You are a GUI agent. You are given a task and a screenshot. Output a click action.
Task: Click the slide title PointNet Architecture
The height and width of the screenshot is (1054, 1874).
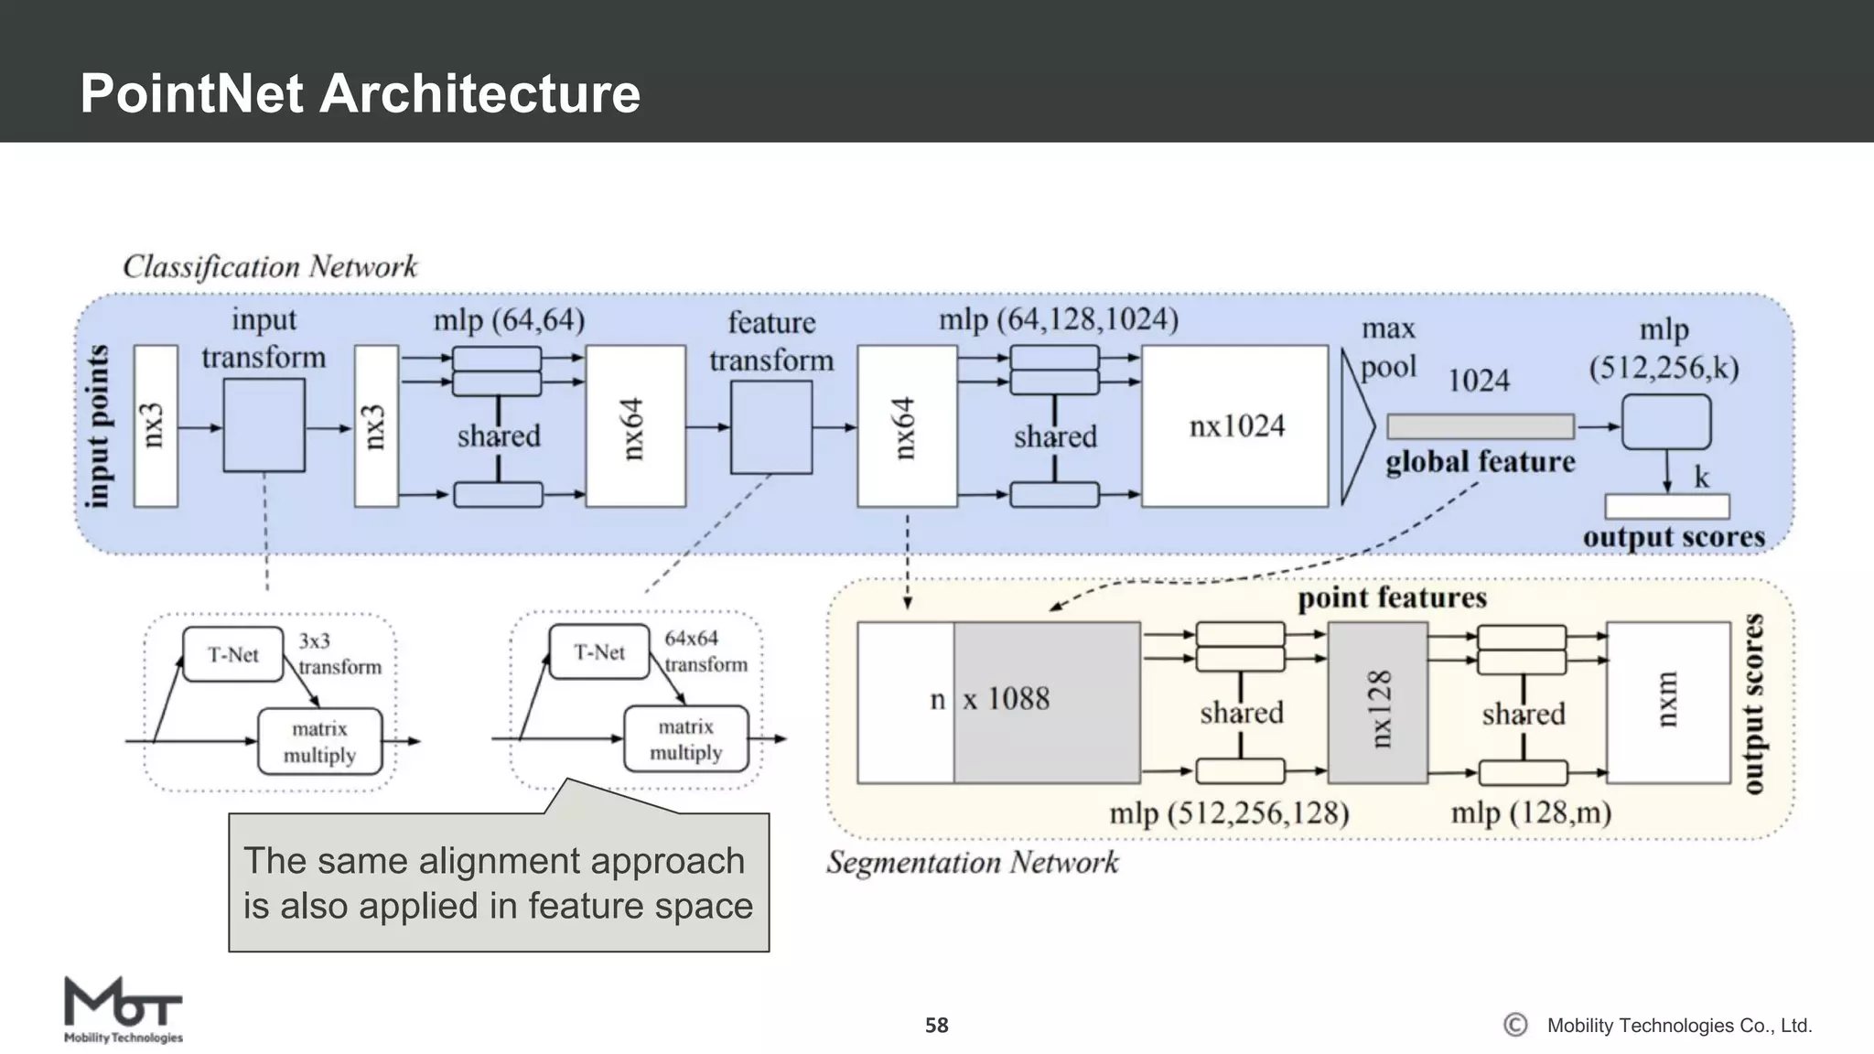(360, 93)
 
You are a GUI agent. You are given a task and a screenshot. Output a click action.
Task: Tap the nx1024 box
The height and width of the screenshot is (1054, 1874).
(1234, 426)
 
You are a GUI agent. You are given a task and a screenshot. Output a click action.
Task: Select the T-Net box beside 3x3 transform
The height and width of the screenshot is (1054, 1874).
(232, 654)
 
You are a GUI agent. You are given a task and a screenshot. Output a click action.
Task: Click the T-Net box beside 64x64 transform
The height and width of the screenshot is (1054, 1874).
(598, 652)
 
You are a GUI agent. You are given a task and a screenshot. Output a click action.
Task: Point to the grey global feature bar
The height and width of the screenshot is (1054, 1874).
(1480, 426)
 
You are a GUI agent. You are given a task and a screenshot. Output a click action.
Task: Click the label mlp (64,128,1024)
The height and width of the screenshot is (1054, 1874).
(1058, 319)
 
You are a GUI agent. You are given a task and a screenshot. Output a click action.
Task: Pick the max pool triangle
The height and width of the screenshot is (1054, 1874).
(1355, 426)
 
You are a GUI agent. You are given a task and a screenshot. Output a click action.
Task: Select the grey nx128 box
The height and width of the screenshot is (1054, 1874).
(1377, 703)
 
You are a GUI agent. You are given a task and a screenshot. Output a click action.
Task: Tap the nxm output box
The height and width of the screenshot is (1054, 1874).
(1667, 703)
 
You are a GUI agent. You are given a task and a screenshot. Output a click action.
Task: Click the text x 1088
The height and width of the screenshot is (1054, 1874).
(1006, 699)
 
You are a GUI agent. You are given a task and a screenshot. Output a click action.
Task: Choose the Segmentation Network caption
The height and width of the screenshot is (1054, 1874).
(972, 863)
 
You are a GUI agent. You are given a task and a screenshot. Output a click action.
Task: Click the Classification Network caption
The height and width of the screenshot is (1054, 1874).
(270, 266)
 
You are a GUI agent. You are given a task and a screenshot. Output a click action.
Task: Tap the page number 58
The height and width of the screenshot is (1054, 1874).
(936, 1026)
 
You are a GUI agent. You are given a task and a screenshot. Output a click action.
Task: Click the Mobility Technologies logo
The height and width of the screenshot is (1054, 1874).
(123, 1010)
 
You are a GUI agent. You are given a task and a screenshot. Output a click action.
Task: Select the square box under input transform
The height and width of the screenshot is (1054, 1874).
(264, 425)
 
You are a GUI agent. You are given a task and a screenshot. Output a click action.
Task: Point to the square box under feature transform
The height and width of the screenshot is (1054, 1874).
(770, 427)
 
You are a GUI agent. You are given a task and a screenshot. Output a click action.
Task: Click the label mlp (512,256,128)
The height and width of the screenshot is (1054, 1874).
(1228, 813)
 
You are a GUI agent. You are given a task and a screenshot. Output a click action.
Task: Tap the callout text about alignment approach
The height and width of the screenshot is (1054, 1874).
(498, 883)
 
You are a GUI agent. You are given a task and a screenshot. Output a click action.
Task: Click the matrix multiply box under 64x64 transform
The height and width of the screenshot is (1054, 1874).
(685, 739)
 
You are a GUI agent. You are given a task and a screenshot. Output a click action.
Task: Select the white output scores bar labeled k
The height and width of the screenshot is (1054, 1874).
(1666, 506)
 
